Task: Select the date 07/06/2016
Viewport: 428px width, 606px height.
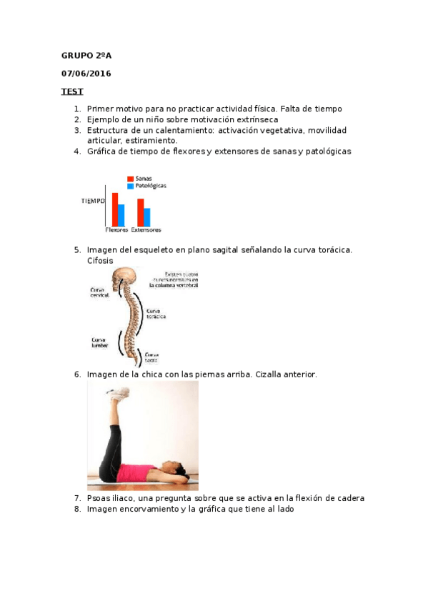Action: tap(86, 73)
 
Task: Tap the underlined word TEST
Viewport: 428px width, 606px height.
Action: tap(71, 91)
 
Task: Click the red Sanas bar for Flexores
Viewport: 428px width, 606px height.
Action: tap(115, 209)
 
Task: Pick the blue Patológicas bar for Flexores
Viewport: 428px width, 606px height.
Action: tap(121, 214)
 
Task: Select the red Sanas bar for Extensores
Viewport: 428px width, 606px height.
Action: tap(140, 212)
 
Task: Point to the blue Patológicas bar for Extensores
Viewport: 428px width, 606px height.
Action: tap(146, 216)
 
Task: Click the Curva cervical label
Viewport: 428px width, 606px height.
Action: tap(100, 293)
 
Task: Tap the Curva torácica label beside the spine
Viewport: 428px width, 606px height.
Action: tap(158, 314)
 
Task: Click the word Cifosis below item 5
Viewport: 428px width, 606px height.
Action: tap(100, 261)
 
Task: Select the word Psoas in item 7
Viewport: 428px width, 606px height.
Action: tap(98, 498)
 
